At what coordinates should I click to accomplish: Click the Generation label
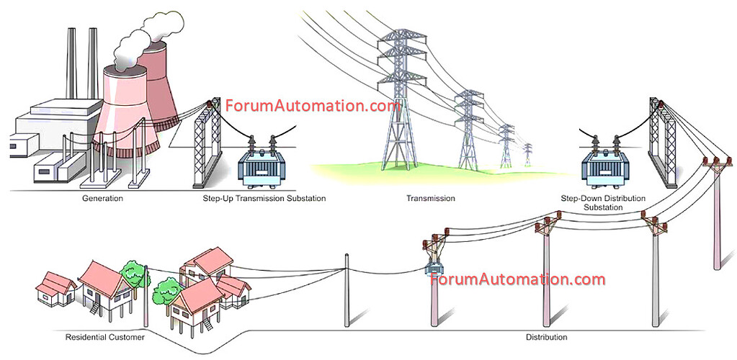[102, 198]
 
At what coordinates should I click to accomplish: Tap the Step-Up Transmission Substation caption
[264, 198]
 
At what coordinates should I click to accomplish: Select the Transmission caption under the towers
[431, 198]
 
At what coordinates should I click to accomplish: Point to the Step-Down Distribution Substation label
[603, 202]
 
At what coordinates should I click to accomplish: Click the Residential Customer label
[104, 337]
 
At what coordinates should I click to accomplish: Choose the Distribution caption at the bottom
[547, 337]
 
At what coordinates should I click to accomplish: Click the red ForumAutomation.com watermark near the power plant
[313, 106]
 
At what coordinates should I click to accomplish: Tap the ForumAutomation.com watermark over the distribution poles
[517, 279]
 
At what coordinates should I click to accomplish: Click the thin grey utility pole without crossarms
[347, 290]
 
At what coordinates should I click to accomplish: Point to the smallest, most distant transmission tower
[528, 155]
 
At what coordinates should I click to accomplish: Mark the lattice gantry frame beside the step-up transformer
[207, 143]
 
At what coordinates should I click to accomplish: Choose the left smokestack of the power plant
[71, 63]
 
